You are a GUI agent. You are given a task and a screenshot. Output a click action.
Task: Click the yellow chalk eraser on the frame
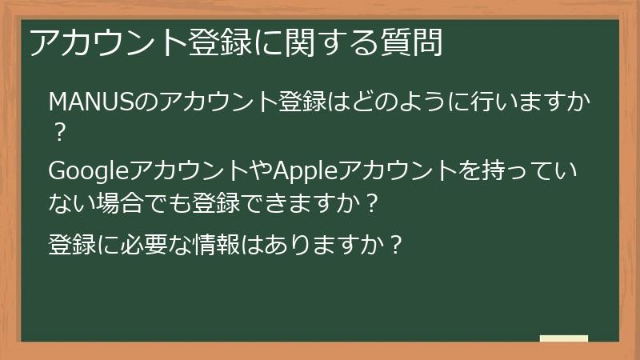(x=563, y=338)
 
